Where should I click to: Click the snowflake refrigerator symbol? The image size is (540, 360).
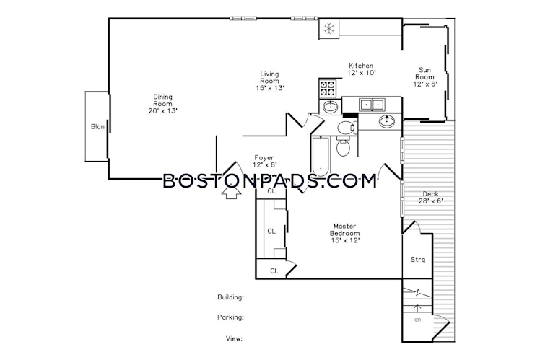tap(329, 29)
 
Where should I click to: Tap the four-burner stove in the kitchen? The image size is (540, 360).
tap(328, 88)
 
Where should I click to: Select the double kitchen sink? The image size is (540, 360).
tap(372, 105)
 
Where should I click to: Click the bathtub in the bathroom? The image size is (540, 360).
tap(321, 157)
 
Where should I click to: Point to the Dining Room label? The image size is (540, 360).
tap(162, 104)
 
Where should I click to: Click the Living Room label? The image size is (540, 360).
tap(269, 81)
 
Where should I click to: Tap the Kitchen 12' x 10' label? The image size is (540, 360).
tap(361, 69)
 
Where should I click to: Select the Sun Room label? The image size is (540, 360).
tap(424, 76)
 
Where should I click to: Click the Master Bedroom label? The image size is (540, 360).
tap(345, 233)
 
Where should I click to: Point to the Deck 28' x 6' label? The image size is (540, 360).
tap(430, 198)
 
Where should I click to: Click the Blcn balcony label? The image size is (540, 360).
tap(97, 127)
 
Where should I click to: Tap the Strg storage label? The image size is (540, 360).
tap(418, 260)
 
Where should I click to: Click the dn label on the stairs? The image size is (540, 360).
tap(417, 320)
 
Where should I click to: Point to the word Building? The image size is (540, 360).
tap(231, 297)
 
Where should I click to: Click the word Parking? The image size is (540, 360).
tap(231, 317)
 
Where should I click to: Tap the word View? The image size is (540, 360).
tap(234, 338)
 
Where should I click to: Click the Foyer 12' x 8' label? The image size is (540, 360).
tap(264, 162)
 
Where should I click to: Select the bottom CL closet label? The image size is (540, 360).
tap(274, 271)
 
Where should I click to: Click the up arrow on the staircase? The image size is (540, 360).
tap(417, 309)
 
